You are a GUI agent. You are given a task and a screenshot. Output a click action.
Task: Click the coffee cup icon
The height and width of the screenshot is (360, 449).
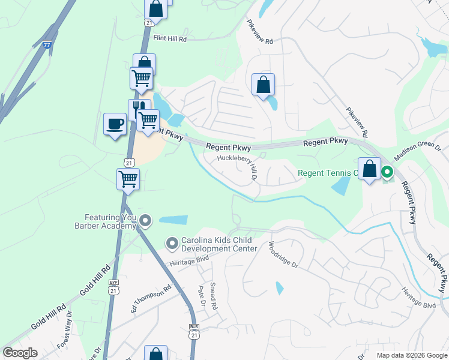(115, 124)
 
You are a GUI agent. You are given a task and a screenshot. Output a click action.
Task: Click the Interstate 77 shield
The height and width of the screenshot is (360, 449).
(47, 45)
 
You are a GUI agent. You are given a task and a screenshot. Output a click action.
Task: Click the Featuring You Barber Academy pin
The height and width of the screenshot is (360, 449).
(145, 222)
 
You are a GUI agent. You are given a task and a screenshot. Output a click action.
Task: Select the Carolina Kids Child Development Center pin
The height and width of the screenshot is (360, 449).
(172, 243)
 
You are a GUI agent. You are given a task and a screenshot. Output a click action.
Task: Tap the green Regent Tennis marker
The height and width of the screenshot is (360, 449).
(387, 173)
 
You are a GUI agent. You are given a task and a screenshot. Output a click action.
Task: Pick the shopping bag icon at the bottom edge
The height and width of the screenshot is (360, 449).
(155, 354)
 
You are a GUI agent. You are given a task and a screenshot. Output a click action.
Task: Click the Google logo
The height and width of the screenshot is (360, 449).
(20, 353)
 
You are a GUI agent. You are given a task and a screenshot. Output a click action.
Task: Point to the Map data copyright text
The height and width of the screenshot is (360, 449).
(411, 355)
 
